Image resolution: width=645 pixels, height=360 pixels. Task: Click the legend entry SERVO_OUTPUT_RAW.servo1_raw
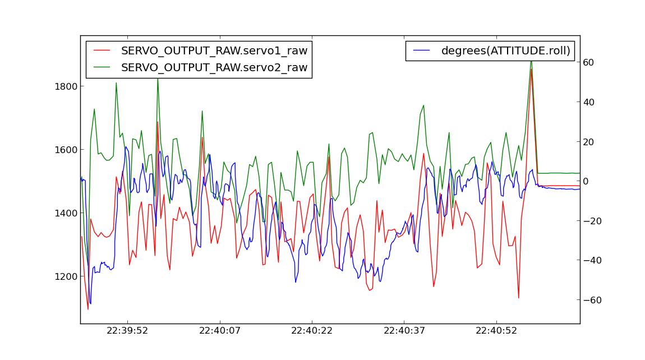214,50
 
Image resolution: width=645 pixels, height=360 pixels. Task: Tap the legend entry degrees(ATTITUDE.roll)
505,50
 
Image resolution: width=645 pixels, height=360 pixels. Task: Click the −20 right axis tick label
593,221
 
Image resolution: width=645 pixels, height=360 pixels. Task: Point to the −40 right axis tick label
593,261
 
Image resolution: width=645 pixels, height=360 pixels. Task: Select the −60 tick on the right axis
593,300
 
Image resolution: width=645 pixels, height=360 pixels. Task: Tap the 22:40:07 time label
219,331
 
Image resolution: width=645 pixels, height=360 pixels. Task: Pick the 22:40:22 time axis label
312,331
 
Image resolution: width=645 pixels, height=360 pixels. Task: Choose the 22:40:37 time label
404,331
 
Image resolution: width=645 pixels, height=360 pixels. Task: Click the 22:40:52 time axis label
497,331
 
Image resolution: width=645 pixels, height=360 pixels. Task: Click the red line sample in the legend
102,50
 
